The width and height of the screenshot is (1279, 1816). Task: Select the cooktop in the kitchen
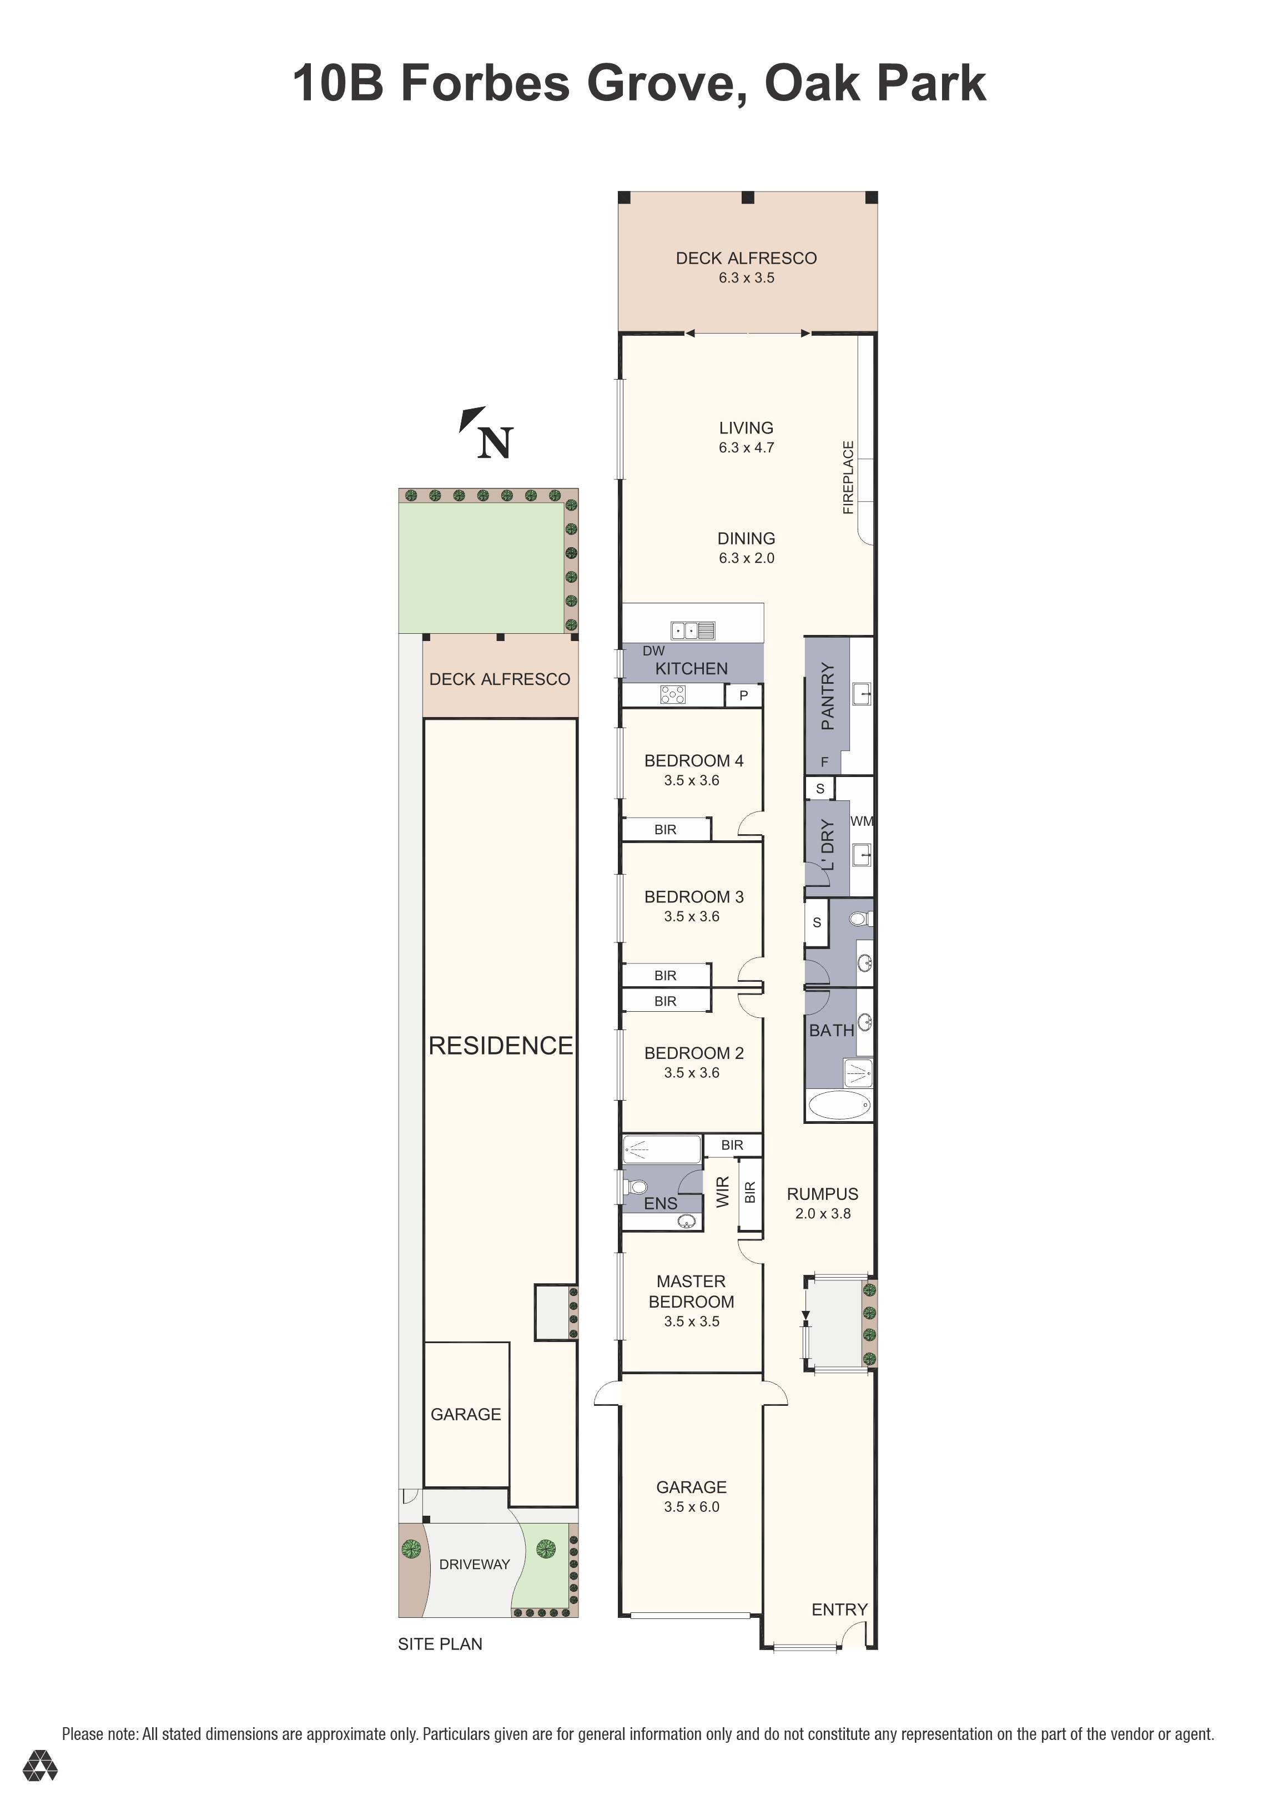point(672,694)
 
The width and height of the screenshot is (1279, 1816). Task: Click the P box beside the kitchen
point(743,696)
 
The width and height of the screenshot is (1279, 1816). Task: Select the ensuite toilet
point(635,1187)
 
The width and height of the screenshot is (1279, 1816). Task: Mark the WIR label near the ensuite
point(722,1192)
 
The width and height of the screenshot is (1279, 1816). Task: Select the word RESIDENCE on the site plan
point(501,1046)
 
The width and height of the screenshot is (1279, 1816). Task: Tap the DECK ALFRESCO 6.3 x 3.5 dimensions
point(746,278)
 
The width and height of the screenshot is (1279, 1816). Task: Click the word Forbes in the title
point(485,83)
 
